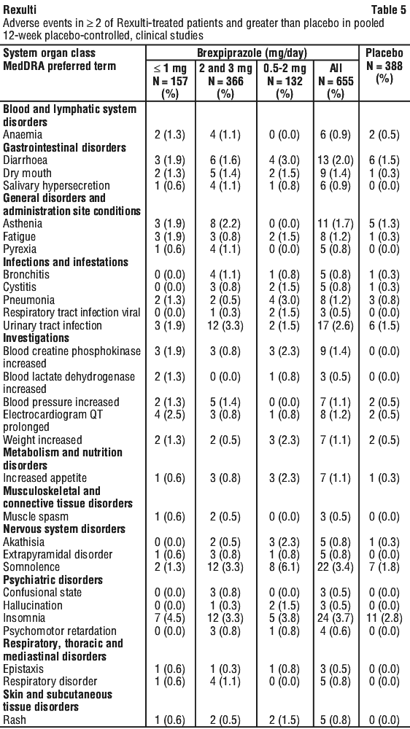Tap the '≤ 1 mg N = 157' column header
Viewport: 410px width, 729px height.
point(170,82)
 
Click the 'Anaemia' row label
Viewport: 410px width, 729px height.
point(23,135)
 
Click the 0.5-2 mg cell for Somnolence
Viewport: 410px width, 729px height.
point(282,567)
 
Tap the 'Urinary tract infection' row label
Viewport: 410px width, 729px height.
point(53,325)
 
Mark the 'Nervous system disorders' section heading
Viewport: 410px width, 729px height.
point(63,529)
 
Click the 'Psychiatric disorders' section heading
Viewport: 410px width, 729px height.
point(53,580)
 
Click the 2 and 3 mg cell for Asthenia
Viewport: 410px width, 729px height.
point(225,224)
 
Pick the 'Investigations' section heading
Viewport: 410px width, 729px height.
point(36,338)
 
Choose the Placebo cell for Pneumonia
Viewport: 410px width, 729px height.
point(384,300)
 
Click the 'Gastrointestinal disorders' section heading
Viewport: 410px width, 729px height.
point(65,147)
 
